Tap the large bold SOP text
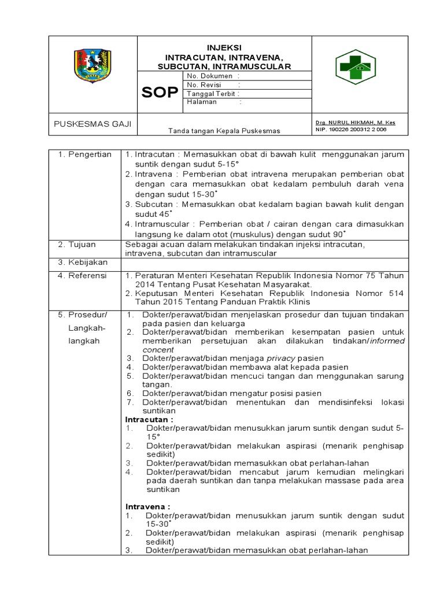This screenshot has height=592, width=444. click(160, 92)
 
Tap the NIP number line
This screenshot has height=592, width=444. click(351, 129)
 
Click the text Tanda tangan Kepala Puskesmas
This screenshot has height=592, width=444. click(224, 131)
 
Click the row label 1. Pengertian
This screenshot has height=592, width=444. click(84, 154)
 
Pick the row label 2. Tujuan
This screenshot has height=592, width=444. click(77, 245)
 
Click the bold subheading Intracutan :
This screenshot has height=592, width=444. click(149, 419)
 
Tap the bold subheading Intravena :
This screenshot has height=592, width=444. click(148, 506)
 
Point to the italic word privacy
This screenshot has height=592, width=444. click(280, 358)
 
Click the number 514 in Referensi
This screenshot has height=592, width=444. click(396, 293)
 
